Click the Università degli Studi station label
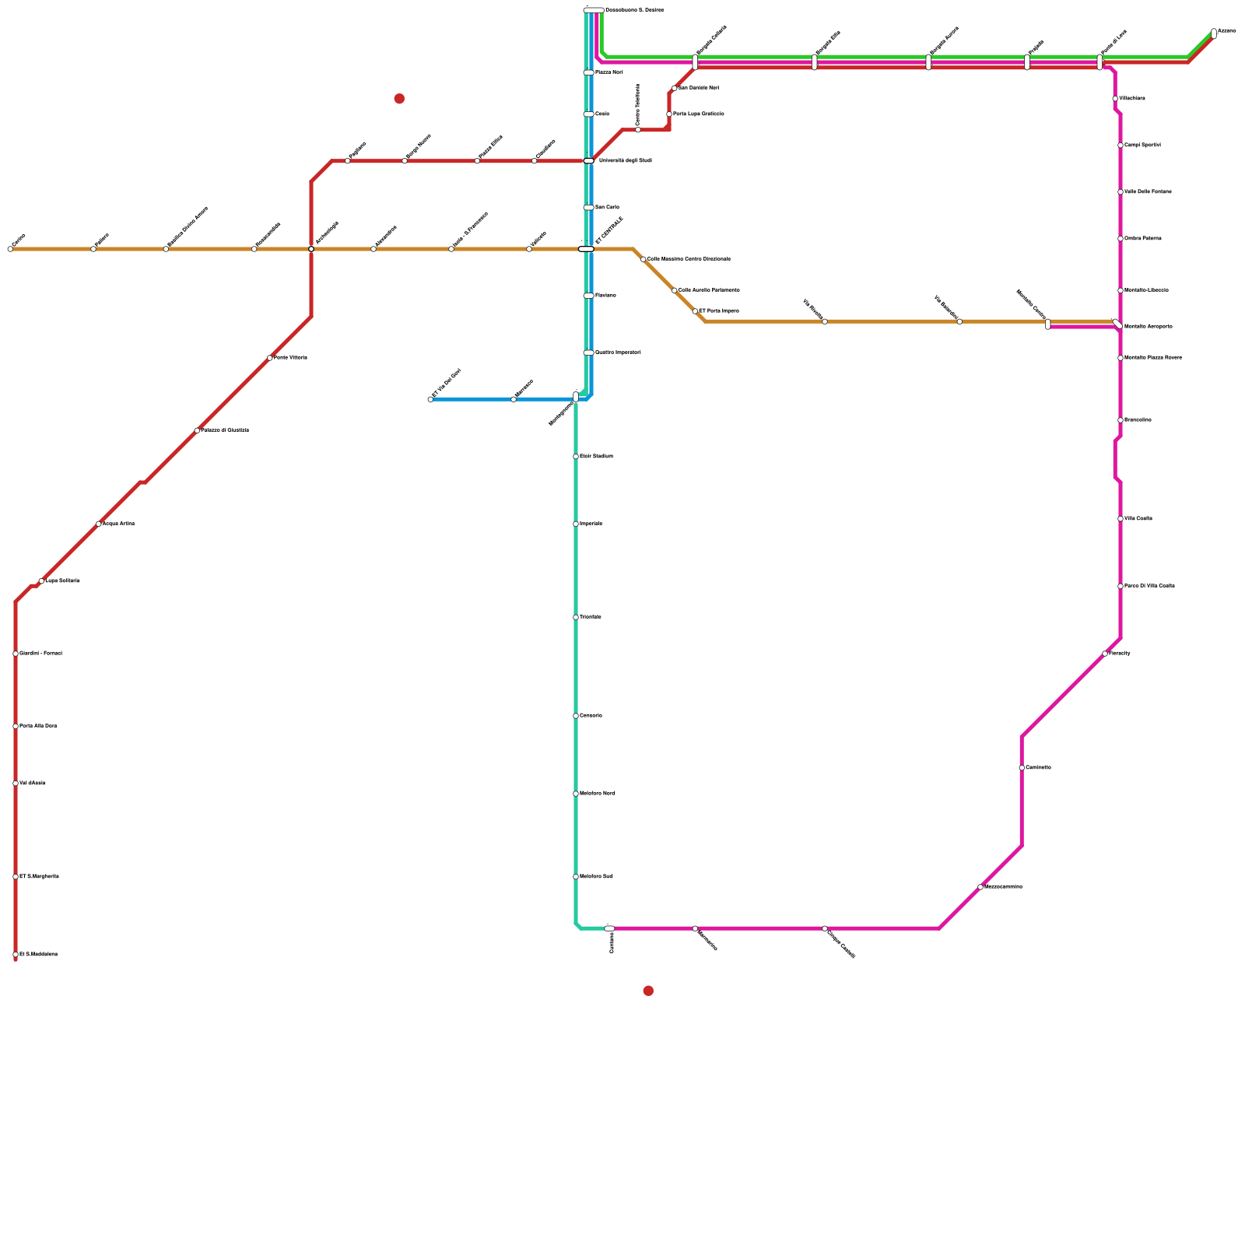point(625,161)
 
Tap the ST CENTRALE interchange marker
point(586,249)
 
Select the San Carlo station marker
point(588,208)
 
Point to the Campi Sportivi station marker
point(1120,146)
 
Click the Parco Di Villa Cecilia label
point(1149,586)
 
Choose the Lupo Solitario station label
point(62,581)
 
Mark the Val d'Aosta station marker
point(16,784)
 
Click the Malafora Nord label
point(598,794)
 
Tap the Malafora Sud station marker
point(576,877)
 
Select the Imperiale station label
point(591,524)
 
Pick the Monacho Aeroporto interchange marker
point(1117,324)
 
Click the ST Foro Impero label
point(719,311)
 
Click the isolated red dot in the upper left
point(399,99)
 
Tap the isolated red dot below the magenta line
point(648,991)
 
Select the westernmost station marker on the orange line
point(10,249)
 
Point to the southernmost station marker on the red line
point(16,955)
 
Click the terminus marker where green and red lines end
point(1214,33)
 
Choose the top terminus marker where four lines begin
point(594,10)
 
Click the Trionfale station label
point(591,617)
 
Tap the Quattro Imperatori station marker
point(588,352)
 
